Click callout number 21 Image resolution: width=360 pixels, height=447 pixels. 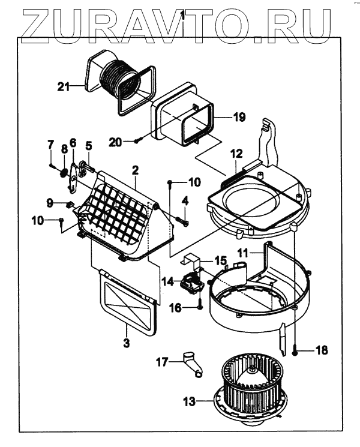64,86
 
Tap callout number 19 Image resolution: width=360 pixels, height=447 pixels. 239,118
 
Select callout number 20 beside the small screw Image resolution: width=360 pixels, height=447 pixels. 116,142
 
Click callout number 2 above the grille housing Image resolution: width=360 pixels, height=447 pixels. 136,170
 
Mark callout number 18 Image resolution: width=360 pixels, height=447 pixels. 322,350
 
